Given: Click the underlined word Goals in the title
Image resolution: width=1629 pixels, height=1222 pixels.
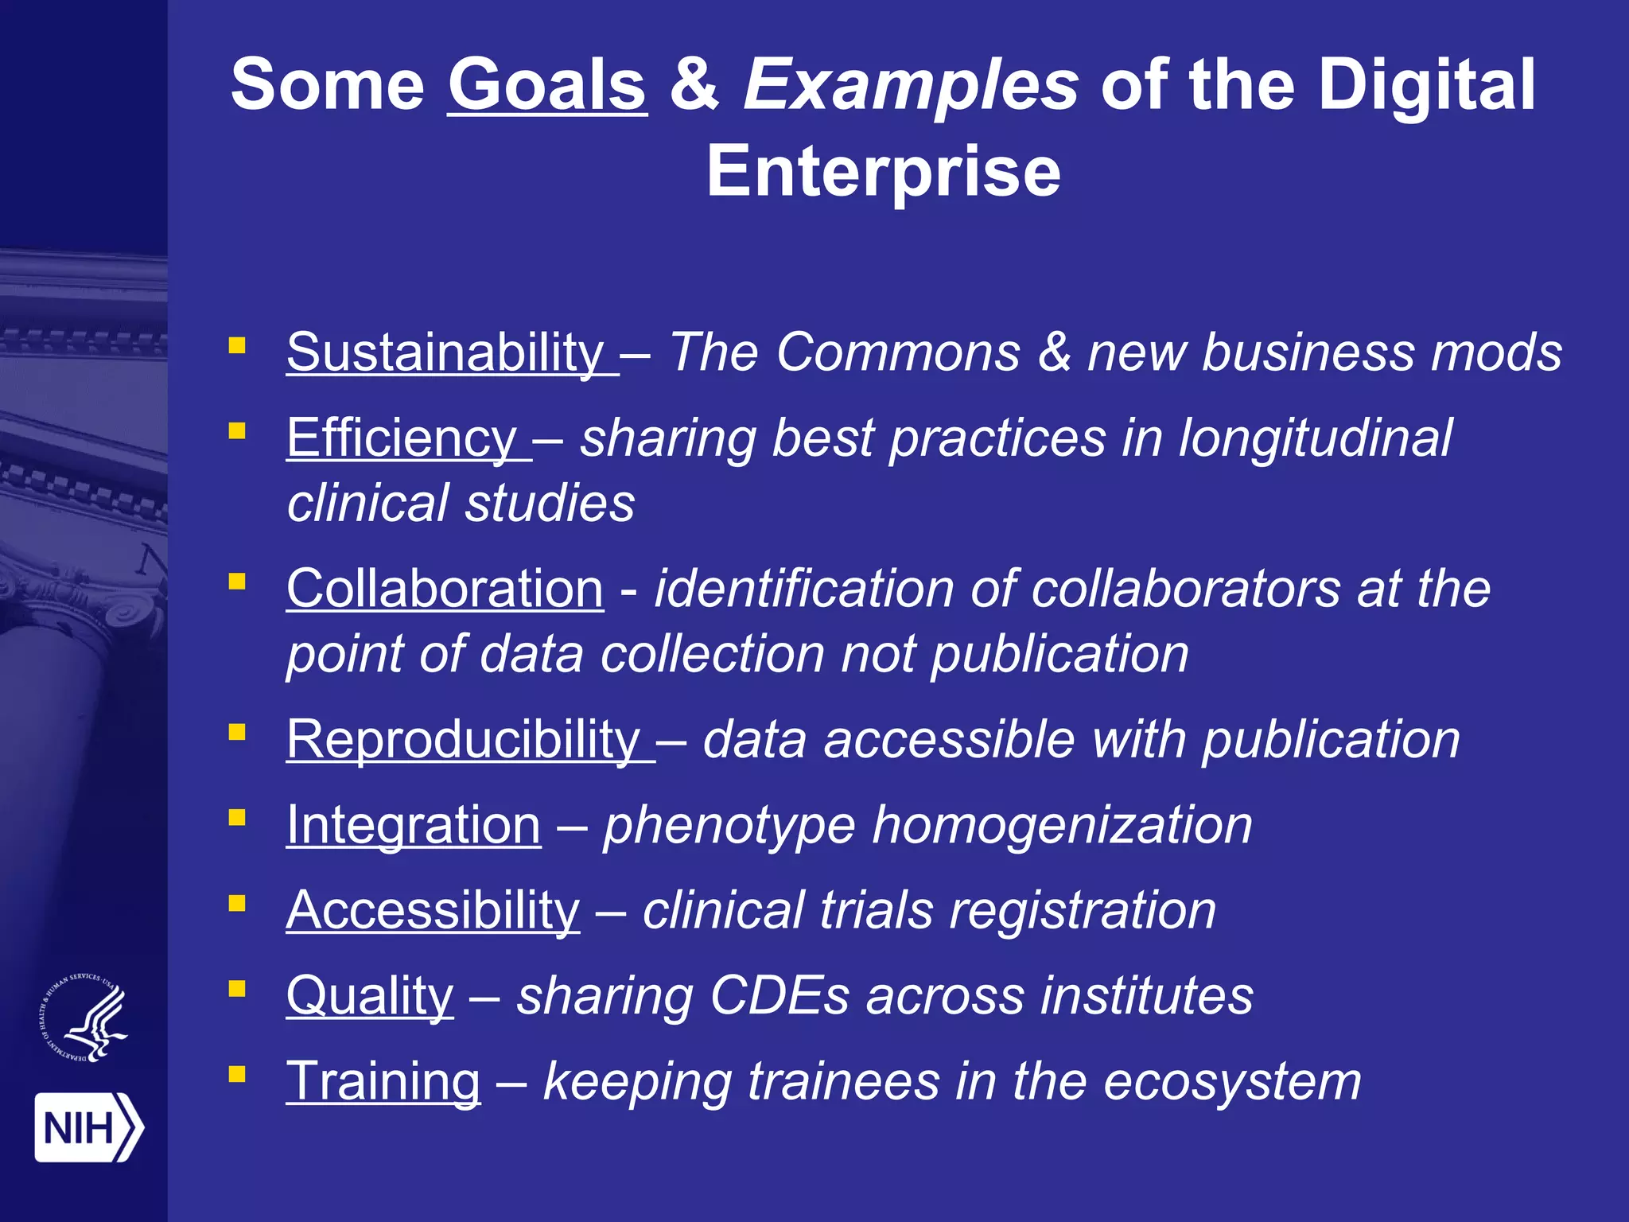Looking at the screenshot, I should tap(547, 85).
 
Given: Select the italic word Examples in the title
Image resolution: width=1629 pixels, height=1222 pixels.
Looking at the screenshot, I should tap(910, 85).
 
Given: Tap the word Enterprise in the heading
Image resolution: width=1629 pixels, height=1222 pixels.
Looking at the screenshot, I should tap(884, 171).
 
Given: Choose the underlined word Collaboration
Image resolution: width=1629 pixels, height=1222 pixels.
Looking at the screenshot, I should tap(445, 589).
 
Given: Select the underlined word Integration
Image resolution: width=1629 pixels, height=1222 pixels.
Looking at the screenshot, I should tap(414, 825).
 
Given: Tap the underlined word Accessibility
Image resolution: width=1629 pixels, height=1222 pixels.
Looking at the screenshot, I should tap(433, 910).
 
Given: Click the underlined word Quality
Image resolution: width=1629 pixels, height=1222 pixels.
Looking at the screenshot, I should tap(370, 996).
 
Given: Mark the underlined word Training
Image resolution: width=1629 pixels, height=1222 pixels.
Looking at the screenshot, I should tap(383, 1081).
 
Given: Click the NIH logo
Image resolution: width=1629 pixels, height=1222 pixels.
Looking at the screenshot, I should tap(88, 1127).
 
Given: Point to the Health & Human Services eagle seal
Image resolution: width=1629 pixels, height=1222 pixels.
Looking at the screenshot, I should tap(84, 1018).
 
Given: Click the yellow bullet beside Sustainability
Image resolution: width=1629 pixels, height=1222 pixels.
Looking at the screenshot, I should tap(236, 345).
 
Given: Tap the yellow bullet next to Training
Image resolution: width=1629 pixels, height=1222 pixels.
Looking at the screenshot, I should tap(236, 1075).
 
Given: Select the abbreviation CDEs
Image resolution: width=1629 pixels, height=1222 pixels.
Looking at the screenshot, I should tap(780, 996).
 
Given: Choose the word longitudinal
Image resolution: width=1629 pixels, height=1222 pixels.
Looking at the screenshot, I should tap(1315, 438).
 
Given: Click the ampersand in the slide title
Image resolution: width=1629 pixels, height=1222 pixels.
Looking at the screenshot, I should tap(695, 85).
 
